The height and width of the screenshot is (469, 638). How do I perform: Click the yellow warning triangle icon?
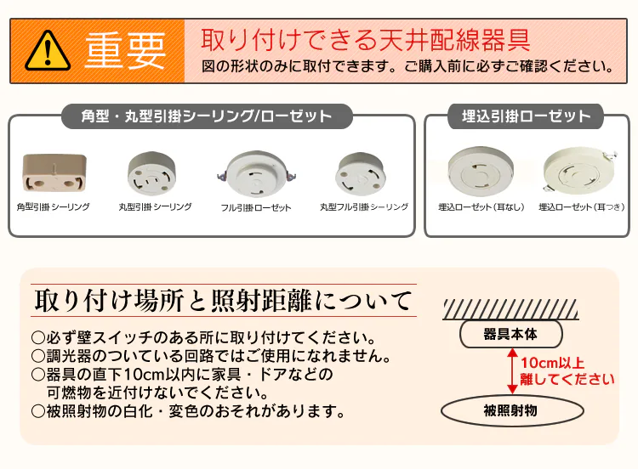click(x=48, y=51)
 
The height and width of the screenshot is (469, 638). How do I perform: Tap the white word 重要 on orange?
click(x=126, y=51)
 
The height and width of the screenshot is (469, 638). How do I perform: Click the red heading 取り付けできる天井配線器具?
click(x=366, y=40)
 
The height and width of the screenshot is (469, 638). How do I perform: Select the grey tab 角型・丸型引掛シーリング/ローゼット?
click(x=207, y=116)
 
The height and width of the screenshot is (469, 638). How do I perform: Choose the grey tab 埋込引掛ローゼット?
click(x=526, y=116)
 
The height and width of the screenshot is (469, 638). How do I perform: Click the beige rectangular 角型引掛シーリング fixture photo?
click(x=54, y=172)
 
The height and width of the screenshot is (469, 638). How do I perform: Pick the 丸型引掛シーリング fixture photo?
click(x=151, y=173)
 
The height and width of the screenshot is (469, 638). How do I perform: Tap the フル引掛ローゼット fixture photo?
click(x=256, y=173)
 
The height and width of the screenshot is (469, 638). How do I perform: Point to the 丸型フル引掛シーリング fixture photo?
click(x=360, y=174)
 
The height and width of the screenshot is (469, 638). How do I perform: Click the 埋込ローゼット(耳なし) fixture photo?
click(x=481, y=172)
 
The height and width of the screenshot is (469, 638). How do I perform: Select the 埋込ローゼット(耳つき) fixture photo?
click(x=580, y=171)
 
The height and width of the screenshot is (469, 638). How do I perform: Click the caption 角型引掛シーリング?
click(x=54, y=206)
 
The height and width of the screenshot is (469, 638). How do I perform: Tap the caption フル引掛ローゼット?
click(x=256, y=207)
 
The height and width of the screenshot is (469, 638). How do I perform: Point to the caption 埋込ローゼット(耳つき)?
click(x=582, y=207)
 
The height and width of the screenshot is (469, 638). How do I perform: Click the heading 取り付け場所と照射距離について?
click(x=224, y=300)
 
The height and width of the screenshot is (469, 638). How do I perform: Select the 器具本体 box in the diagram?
click(x=511, y=334)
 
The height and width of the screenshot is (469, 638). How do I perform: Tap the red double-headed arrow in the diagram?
click(x=512, y=371)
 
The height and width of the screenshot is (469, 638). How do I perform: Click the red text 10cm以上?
click(x=553, y=363)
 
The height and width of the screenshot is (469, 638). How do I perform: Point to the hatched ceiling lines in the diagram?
click(x=510, y=309)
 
